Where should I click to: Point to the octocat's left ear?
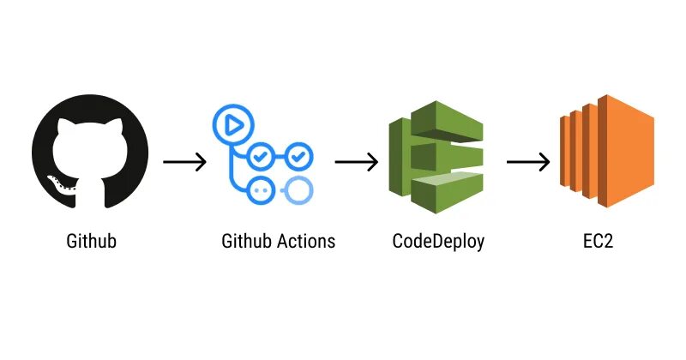[63, 127]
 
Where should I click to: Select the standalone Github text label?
[91, 241]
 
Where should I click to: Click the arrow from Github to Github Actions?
[184, 162]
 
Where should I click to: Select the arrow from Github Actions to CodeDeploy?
[357, 162]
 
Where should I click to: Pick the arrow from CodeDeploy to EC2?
[528, 162]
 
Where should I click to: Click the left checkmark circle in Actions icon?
[261, 157]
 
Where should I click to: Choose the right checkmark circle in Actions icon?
[298, 157]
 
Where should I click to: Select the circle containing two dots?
[261, 190]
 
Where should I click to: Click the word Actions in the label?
[306, 241]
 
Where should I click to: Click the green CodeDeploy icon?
[435, 153]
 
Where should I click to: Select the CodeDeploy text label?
[438, 241]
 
